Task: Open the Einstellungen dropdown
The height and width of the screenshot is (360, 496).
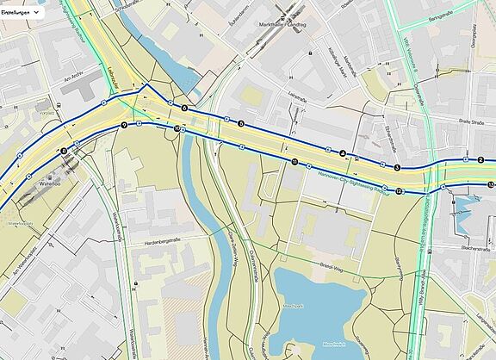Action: coord(22,14)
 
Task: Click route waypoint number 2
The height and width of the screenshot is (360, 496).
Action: coord(480,160)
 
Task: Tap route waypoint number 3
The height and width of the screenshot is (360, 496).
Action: coord(397,166)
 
